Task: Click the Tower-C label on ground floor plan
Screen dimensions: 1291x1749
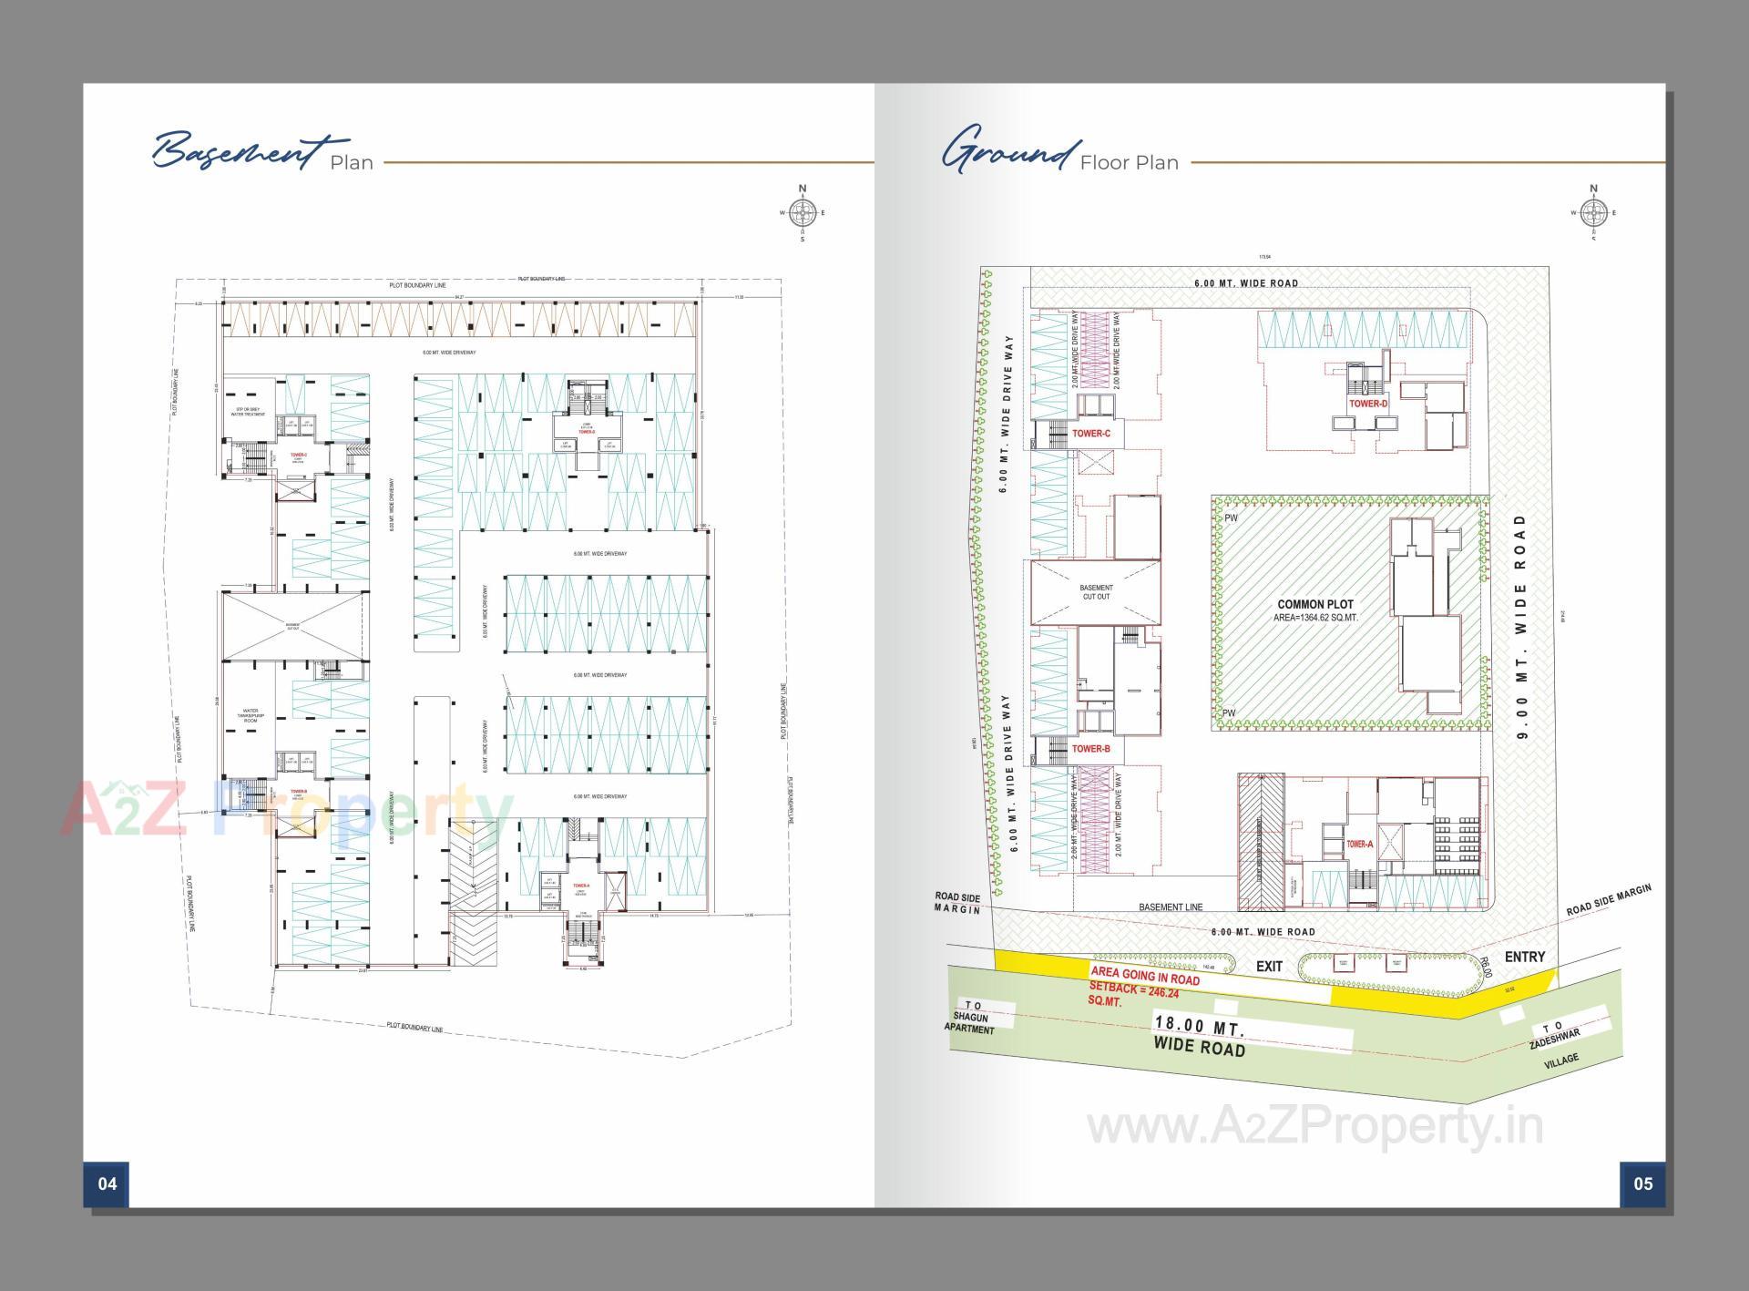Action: (1090, 434)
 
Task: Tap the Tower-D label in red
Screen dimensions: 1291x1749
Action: (1368, 404)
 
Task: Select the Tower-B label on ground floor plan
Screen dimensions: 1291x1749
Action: (1090, 749)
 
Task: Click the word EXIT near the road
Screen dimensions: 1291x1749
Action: (1269, 967)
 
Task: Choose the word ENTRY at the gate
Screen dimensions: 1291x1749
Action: (1525, 957)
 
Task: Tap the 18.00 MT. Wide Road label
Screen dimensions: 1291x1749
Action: (1199, 1037)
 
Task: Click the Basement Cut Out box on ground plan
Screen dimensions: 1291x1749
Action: (1096, 592)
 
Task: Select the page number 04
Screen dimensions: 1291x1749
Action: (107, 1183)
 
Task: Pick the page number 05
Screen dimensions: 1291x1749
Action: (1642, 1183)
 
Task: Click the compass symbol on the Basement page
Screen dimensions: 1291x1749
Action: (803, 214)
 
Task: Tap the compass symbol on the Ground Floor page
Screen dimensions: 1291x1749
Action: (1592, 214)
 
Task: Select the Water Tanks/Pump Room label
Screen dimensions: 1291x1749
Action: (251, 715)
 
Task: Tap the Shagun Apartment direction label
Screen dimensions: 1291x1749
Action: (971, 1018)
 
